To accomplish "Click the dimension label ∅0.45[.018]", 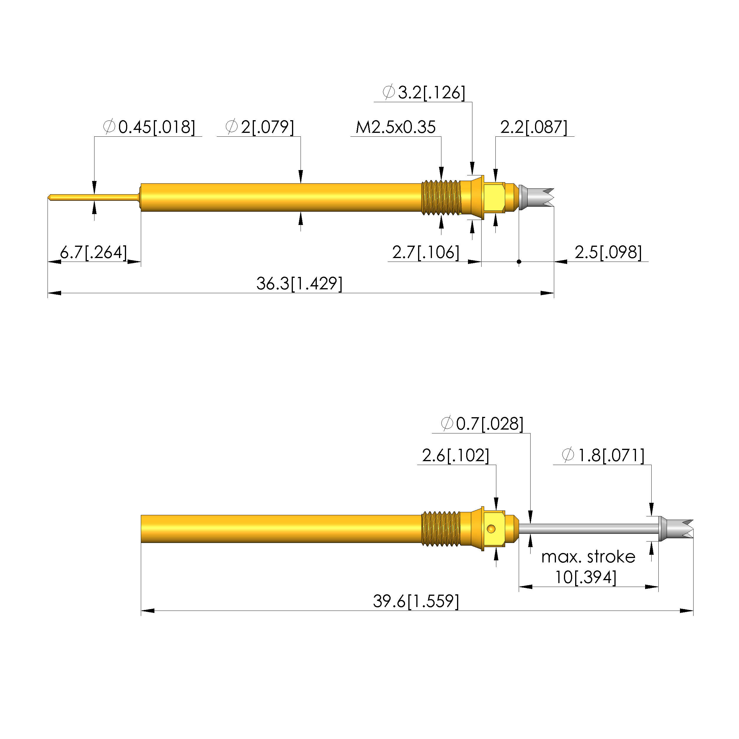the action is click(x=149, y=127).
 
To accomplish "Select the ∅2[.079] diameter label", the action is click(x=260, y=127).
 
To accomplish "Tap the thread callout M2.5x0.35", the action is click(x=396, y=127).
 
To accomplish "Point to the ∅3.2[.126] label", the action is click(x=424, y=93).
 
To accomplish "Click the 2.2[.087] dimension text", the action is click(x=534, y=127).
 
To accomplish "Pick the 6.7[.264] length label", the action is click(x=93, y=252).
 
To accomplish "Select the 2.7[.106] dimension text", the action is click(x=426, y=252).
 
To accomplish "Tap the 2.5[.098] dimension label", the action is click(x=608, y=252).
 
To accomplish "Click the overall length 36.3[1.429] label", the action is click(x=299, y=284).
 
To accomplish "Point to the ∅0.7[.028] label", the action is click(x=482, y=424).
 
